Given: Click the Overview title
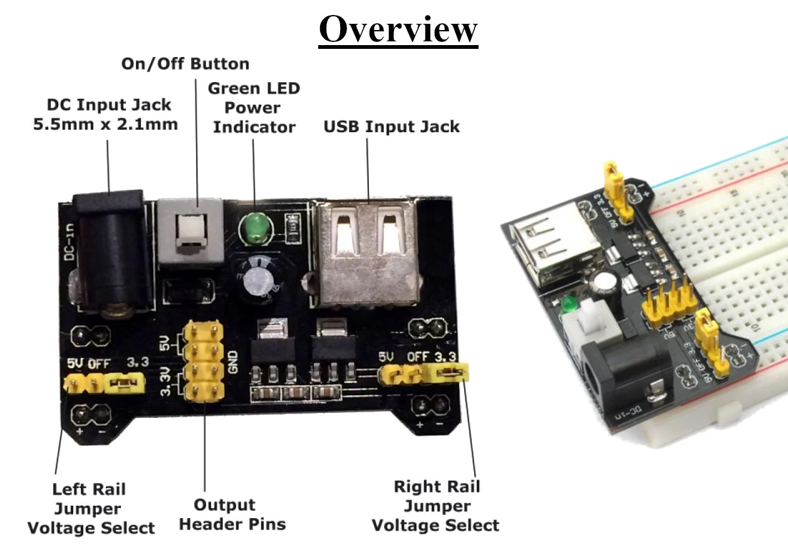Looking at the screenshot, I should [398, 29].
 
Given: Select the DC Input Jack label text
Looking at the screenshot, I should [105, 114].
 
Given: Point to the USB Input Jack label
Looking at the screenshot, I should [391, 127].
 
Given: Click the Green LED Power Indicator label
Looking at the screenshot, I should [254, 107].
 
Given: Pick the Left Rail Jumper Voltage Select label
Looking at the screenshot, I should [91, 508].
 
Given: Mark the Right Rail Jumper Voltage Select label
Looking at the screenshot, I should [436, 506].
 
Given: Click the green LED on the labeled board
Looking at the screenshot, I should [255, 226].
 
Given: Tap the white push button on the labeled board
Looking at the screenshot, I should [190, 231].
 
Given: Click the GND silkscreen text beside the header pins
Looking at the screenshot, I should [232, 361].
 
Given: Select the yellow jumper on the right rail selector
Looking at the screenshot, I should [448, 374].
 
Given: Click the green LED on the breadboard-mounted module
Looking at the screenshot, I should [569, 305].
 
